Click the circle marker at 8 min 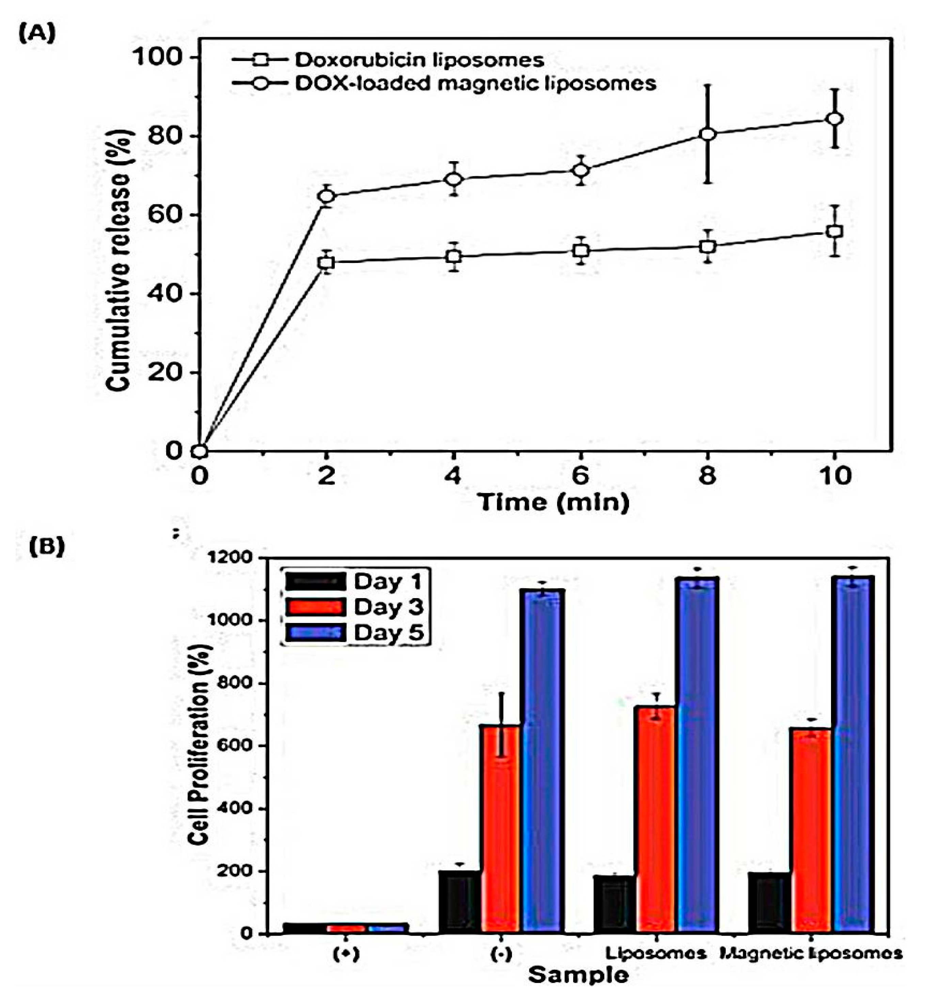(707, 134)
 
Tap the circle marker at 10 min (834, 119)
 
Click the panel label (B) (46, 547)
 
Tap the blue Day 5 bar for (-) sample (543, 761)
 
